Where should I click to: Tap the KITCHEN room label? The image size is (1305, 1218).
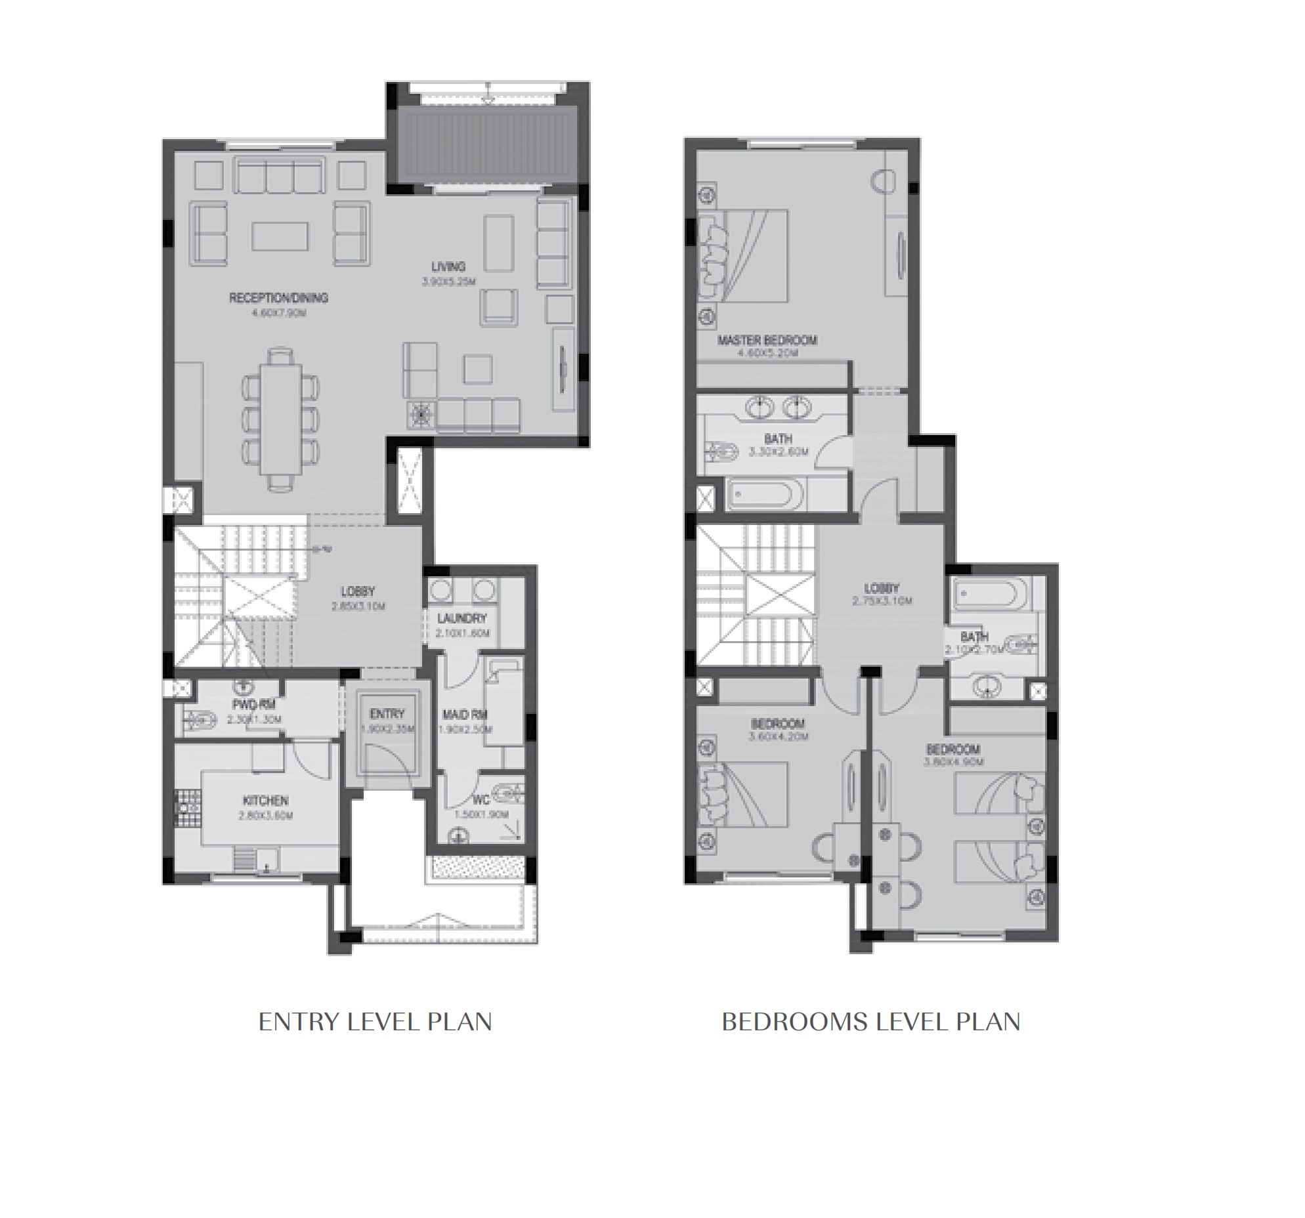click(x=265, y=801)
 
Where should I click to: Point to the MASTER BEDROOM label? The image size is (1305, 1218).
click(x=767, y=340)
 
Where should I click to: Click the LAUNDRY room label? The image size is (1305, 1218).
click(x=462, y=618)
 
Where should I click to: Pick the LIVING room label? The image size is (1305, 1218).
click(x=448, y=266)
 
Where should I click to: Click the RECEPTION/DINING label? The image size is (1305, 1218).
click(x=278, y=298)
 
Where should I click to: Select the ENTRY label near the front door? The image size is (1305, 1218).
click(x=387, y=714)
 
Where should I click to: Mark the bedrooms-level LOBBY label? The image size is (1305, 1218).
click(x=881, y=589)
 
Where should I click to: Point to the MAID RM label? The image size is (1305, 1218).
click(x=463, y=715)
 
